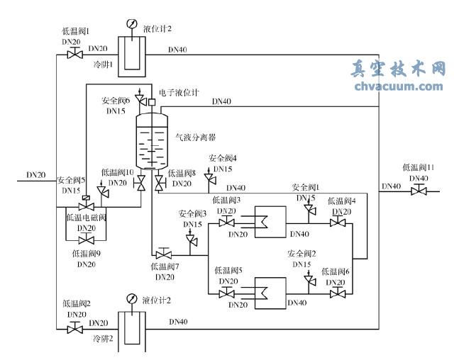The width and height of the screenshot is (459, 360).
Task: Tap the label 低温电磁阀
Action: point(86,218)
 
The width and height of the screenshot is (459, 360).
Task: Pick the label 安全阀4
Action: point(223,159)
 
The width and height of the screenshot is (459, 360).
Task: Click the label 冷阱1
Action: point(104,64)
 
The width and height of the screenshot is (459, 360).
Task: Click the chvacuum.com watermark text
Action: point(397,87)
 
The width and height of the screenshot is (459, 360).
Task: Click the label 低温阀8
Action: point(182,172)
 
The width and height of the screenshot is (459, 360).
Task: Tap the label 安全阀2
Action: point(302,253)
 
